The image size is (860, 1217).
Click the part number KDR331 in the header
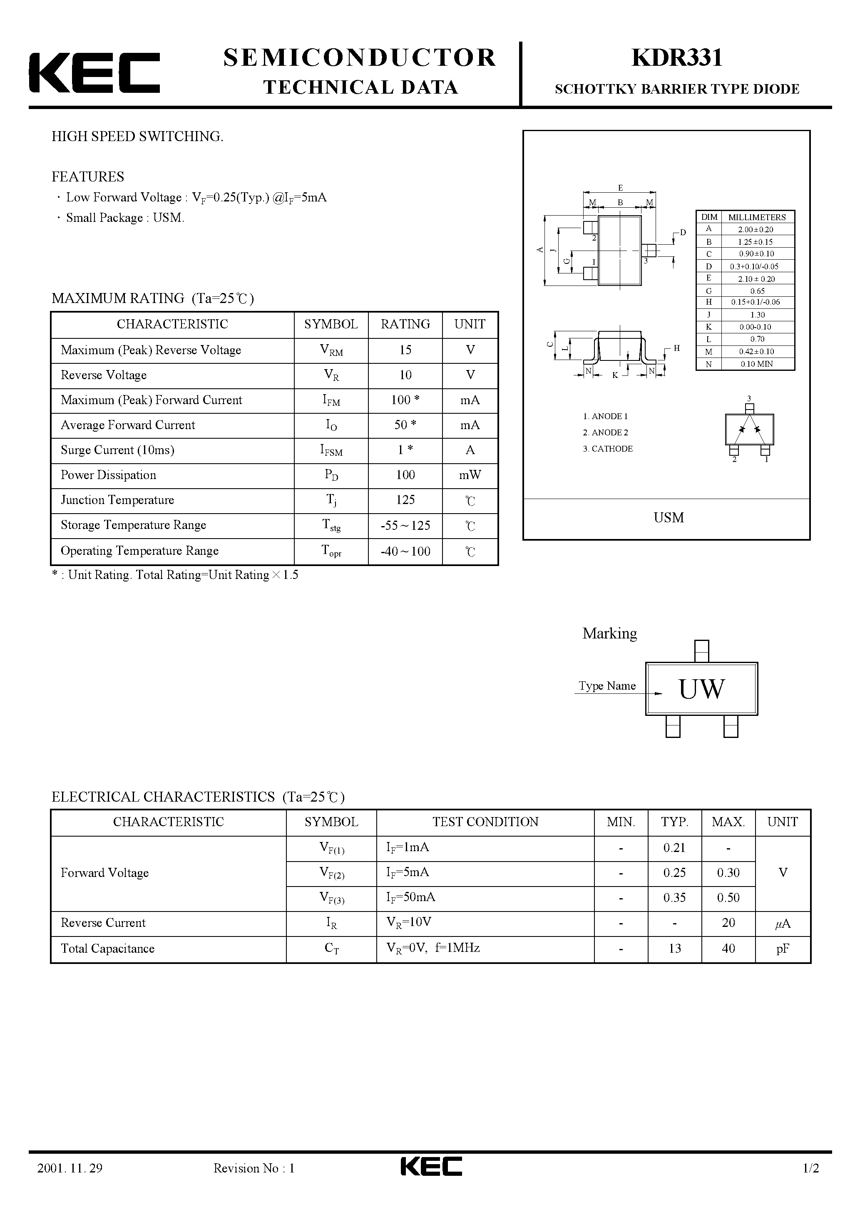(676, 58)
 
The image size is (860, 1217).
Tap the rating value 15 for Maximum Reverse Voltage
(405, 350)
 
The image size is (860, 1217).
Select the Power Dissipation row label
(109, 475)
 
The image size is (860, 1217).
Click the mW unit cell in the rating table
(470, 475)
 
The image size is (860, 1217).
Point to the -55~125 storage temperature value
(405, 525)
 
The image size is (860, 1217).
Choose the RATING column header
(405, 324)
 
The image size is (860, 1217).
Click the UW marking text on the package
(701, 689)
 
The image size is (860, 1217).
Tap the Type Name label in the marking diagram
(607, 686)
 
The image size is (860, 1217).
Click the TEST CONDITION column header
(485, 822)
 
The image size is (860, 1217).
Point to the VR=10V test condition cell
(409, 923)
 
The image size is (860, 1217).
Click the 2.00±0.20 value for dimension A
(755, 229)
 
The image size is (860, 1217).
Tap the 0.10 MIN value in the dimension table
(757, 364)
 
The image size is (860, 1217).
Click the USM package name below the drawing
(669, 518)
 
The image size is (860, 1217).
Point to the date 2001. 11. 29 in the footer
(70, 1183)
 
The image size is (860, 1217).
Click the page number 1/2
(811, 1183)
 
